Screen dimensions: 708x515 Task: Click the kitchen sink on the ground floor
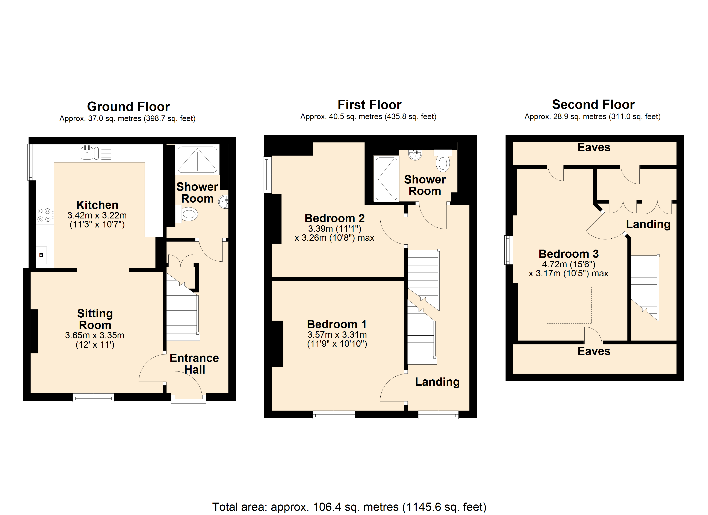coord(96,153)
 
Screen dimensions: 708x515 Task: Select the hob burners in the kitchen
coord(44,215)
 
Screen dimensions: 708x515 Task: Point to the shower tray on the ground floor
coord(197,159)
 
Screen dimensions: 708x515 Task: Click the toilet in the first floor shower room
coord(443,161)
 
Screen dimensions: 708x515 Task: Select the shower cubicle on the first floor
coord(386,179)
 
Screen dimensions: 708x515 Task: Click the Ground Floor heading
coord(128,106)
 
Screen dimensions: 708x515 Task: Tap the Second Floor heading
coord(593,104)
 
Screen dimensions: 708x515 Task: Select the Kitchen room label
coord(97,205)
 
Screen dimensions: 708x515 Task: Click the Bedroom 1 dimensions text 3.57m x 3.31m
coord(337,335)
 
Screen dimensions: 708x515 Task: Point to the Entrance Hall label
coord(194,364)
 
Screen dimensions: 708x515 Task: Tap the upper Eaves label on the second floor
coord(594,147)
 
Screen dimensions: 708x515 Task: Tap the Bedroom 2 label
coord(335,218)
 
